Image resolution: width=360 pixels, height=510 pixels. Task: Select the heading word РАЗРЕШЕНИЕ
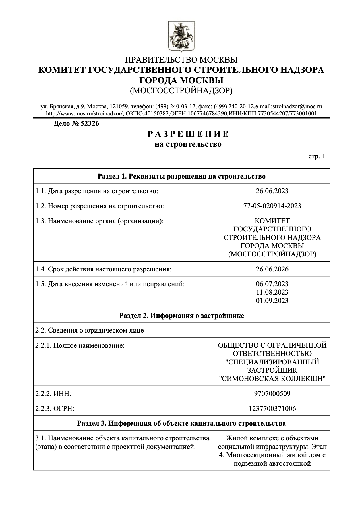click(188, 134)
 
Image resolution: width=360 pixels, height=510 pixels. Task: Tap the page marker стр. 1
click(316, 156)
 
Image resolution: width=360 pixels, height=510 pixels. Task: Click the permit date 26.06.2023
click(272, 191)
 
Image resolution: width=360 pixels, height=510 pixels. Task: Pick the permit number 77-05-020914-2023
click(272, 206)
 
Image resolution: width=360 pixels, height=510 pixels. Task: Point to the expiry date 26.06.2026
click(272, 269)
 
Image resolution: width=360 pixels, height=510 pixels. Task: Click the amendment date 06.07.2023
click(272, 284)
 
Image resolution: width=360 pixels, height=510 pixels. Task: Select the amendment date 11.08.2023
click(272, 292)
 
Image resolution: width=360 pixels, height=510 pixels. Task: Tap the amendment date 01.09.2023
click(272, 300)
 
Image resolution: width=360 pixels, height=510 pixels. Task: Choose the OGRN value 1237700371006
click(272, 409)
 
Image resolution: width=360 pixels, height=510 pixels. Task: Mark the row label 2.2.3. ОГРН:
click(55, 409)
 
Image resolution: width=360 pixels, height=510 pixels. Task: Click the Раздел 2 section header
click(181, 316)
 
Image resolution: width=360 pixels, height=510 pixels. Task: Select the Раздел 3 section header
click(181, 423)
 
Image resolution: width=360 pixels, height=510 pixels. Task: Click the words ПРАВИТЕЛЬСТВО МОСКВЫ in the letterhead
click(181, 60)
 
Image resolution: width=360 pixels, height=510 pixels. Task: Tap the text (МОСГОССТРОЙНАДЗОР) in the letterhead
click(181, 90)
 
